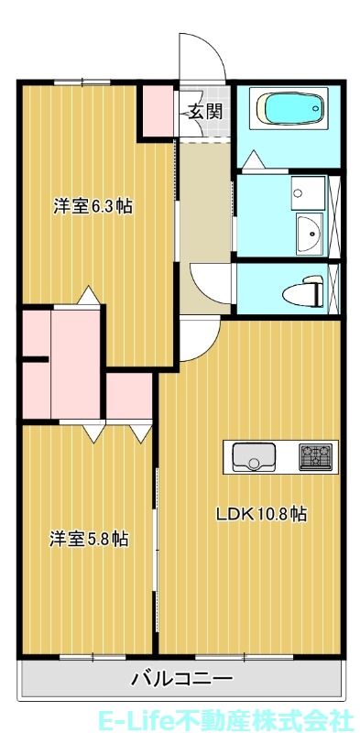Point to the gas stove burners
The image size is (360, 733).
click(316, 455)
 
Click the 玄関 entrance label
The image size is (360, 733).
click(205, 113)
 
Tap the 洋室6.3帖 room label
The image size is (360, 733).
click(92, 206)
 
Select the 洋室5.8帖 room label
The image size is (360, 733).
click(89, 539)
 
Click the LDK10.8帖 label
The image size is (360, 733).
click(261, 514)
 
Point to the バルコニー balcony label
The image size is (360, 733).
click(181, 679)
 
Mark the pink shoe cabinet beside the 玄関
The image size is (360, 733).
click(155, 111)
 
